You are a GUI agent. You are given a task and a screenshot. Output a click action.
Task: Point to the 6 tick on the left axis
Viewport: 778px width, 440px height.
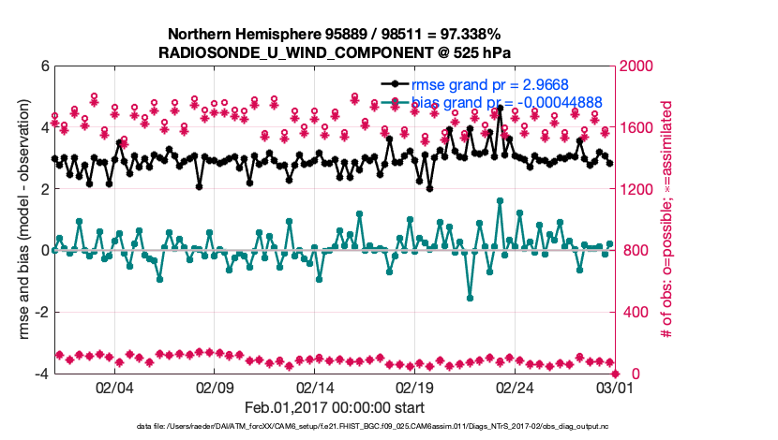44,66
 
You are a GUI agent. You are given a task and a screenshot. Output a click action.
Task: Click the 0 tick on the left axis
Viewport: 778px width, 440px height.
44,251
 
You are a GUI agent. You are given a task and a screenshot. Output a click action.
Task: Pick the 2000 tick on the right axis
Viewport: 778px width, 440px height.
636,66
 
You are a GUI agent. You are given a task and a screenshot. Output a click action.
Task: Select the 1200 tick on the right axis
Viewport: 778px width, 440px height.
636,189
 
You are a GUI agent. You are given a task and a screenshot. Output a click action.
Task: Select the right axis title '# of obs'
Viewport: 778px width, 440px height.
668,220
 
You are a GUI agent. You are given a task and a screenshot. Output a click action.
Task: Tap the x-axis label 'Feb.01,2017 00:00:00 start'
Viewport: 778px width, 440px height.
334,407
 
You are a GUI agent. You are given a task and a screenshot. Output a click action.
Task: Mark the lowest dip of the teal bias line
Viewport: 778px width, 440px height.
470,298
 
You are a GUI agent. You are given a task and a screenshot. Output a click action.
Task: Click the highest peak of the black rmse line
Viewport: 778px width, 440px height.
500,108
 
